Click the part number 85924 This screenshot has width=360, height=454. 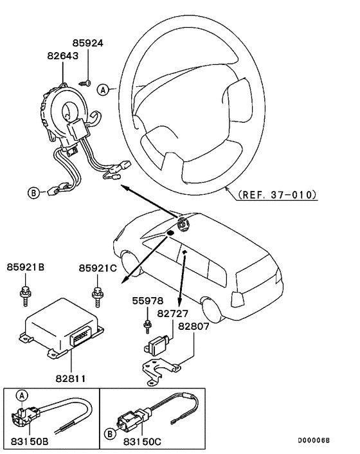pyautogui.click(x=88, y=44)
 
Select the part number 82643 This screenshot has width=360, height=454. pyautogui.click(x=62, y=57)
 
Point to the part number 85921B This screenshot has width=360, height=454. pyautogui.click(x=26, y=267)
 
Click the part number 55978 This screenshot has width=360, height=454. pyautogui.click(x=148, y=300)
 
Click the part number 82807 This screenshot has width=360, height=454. pyautogui.click(x=194, y=326)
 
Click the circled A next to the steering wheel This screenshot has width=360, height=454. pyautogui.click(x=103, y=91)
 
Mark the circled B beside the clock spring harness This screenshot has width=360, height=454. pyautogui.click(x=33, y=192)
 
